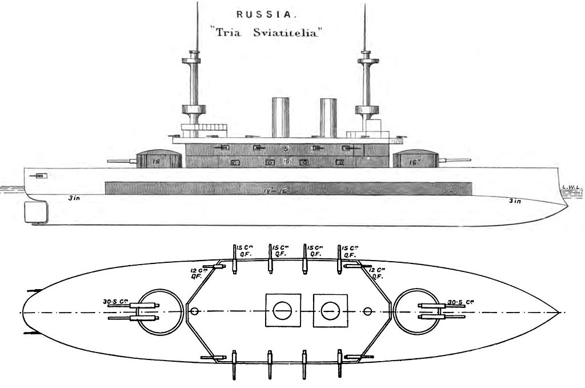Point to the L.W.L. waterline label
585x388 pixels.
tap(570, 186)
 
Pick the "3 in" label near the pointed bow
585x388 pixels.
tap(515, 201)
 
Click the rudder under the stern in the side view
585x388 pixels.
tap(35, 213)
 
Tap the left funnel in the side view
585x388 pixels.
tap(281, 118)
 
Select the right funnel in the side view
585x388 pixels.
tap(328, 118)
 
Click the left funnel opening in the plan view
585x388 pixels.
tap(282, 311)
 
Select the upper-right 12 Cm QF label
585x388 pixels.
tap(376, 272)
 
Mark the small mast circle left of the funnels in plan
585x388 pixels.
tap(195, 311)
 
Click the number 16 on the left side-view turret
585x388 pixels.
tap(156, 162)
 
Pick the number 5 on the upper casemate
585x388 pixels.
tap(283, 147)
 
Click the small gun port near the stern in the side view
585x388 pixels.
tap(40, 175)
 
